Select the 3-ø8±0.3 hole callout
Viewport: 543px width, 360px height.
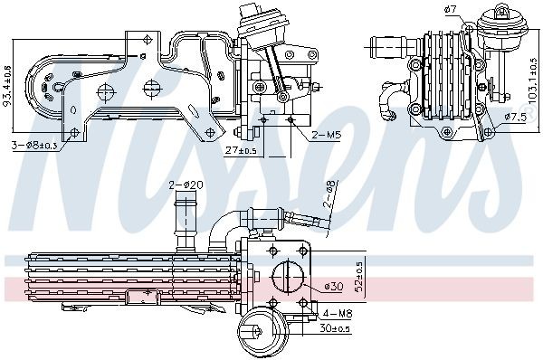tap(37, 146)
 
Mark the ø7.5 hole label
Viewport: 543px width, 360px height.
tap(516, 118)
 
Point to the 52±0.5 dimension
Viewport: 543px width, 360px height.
tap(359, 276)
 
